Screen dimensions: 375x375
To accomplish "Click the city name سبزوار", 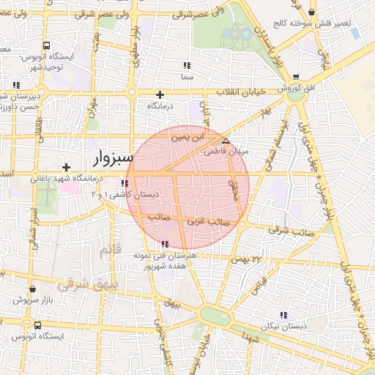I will click(x=114, y=158).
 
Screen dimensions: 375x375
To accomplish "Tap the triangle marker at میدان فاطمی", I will click(x=226, y=140).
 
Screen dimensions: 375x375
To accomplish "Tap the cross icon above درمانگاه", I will click(x=160, y=94).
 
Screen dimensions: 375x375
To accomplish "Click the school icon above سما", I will click(x=186, y=65).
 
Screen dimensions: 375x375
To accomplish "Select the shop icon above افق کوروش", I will click(x=295, y=77).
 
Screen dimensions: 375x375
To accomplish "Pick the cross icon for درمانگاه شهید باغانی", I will click(x=67, y=168).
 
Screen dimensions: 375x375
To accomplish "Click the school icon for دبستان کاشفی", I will click(x=129, y=183).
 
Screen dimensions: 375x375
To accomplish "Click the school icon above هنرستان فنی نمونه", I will click(x=163, y=244).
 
